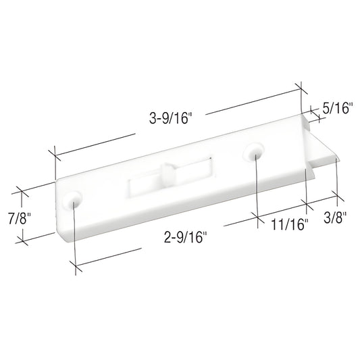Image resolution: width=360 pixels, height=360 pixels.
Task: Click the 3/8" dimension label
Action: (336, 217)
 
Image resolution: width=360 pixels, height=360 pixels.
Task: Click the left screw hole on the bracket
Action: (74, 201)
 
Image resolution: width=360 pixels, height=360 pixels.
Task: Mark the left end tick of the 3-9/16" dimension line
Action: (53, 153)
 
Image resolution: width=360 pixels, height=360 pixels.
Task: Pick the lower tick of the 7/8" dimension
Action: (23, 239)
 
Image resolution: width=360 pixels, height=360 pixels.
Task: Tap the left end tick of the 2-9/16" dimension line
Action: (75, 266)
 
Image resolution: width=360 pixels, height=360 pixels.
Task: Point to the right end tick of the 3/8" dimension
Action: (338, 197)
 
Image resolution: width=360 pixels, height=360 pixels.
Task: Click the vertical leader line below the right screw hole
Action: (257, 189)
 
